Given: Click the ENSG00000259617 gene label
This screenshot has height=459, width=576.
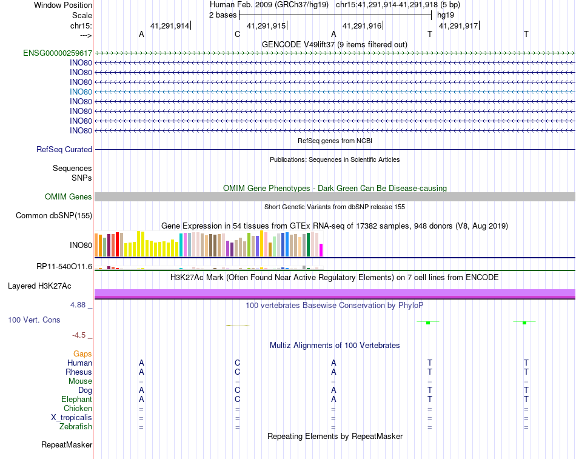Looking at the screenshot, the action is [58, 53].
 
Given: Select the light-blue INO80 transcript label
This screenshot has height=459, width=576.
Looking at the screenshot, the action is [81, 92].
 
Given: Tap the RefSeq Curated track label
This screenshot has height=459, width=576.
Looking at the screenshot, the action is [64, 150].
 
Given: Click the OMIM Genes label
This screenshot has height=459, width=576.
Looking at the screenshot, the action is [69, 196].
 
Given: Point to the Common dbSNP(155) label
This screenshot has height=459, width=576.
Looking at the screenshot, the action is [54, 216].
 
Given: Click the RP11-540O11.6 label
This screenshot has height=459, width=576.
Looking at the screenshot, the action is [64, 266].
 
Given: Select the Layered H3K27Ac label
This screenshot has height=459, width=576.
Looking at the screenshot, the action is [39, 286].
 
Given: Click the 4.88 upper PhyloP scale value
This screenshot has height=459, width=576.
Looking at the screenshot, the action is [78, 305].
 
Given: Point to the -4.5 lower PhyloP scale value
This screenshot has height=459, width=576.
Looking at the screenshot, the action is [79, 335].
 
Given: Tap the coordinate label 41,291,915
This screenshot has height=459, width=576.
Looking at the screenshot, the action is [266, 25].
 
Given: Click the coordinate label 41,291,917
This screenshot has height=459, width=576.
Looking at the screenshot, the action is [458, 25].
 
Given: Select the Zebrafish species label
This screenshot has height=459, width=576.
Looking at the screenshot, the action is [76, 427].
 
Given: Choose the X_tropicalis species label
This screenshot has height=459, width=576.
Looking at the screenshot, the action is [72, 418].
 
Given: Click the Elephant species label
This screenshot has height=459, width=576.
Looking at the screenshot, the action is [77, 400].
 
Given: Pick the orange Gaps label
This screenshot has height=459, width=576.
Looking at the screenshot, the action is [82, 354].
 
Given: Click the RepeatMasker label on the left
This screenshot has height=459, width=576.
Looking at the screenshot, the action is [67, 445].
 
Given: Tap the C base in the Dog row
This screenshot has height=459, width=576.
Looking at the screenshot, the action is [237, 390].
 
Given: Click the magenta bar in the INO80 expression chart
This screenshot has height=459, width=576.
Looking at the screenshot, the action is [321, 250].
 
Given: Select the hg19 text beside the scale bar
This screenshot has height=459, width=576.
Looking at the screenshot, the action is [446, 15].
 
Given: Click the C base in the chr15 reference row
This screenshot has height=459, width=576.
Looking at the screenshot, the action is [237, 35].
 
